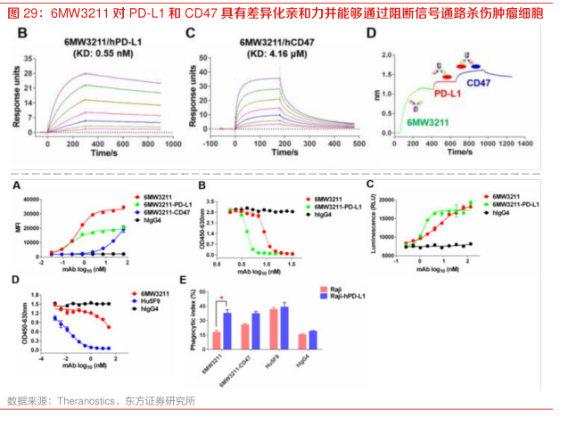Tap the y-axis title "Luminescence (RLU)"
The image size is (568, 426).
point(372,223)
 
